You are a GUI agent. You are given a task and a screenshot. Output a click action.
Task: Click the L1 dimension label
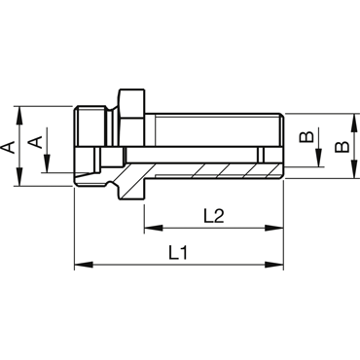[x=178, y=253]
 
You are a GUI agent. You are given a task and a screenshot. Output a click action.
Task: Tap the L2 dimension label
[x=214, y=216]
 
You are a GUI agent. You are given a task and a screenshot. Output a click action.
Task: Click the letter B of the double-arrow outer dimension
[x=342, y=147]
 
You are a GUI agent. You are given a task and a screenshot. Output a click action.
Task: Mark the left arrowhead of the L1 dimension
[x=84, y=265]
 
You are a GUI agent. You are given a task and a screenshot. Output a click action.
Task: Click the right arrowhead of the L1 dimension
[x=274, y=265]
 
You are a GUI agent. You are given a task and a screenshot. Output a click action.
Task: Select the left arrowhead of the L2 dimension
[x=154, y=228]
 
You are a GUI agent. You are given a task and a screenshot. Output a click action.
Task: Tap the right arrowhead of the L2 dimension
[x=274, y=228]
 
